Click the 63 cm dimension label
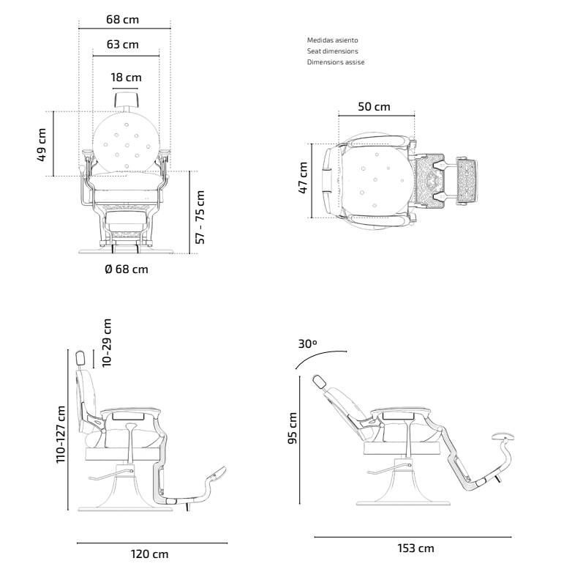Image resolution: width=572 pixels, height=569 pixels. click(x=123, y=45)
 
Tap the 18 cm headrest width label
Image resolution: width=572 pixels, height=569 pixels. click(x=127, y=78)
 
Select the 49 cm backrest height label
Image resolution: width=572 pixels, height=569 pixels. click(x=42, y=144)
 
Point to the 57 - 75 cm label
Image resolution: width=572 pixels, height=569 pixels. click(x=200, y=217)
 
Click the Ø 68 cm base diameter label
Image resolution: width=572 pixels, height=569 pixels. click(x=127, y=269)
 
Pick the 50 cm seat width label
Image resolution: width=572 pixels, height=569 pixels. click(x=374, y=107)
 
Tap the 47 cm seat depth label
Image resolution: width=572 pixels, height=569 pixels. click(x=303, y=178)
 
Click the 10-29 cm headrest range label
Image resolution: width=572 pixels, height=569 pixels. click(x=107, y=343)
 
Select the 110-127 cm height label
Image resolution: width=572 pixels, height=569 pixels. click(x=61, y=434)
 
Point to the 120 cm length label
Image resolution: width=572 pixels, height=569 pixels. click(x=149, y=554)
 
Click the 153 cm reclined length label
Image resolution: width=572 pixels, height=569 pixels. click(x=415, y=548)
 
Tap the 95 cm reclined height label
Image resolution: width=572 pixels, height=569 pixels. click(x=293, y=428)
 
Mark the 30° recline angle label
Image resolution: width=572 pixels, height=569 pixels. click(x=307, y=343)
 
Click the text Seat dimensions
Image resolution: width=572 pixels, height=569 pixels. click(x=332, y=51)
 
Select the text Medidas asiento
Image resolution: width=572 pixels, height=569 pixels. click(x=332, y=40)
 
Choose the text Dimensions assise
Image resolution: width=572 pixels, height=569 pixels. click(x=336, y=62)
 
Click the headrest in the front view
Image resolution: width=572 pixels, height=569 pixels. click(x=127, y=100)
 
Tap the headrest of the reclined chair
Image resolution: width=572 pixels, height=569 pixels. click(x=320, y=382)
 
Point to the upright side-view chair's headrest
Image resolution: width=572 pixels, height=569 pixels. click(x=80, y=358)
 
